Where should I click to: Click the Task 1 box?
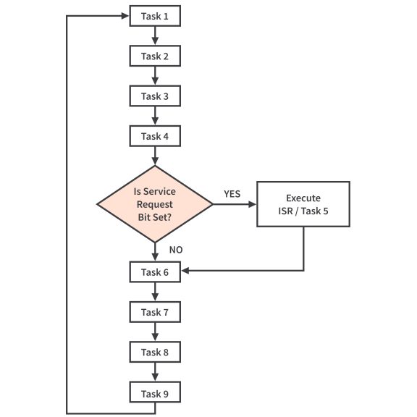pyautogui.click(x=154, y=16)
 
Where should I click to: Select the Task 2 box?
pyautogui.click(x=154, y=56)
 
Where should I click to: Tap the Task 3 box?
pyautogui.click(x=154, y=96)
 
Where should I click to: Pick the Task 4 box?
pyautogui.click(x=154, y=135)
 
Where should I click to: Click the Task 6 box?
pyautogui.click(x=154, y=271)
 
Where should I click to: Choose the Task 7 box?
pyautogui.click(x=154, y=312)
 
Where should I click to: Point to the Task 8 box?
pyautogui.click(x=154, y=353)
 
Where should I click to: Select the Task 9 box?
pyautogui.click(x=154, y=393)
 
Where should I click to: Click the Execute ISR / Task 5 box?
pyautogui.click(x=303, y=205)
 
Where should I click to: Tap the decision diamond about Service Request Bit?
pyautogui.click(x=154, y=205)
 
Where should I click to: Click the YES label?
pyautogui.click(x=232, y=194)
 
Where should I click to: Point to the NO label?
pyautogui.click(x=175, y=249)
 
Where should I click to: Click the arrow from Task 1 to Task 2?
pyautogui.click(x=154, y=36)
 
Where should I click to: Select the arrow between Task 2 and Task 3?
pyautogui.click(x=154, y=76)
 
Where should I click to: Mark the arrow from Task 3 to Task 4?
pyautogui.click(x=154, y=116)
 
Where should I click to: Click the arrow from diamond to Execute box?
pyautogui.click(x=235, y=205)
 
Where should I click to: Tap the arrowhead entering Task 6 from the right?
pyautogui.click(x=185, y=271)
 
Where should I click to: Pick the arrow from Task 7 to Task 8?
pyautogui.click(x=154, y=332)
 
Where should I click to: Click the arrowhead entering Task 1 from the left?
pyautogui.click(x=125, y=16)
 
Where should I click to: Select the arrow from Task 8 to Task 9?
pyautogui.click(x=154, y=373)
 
